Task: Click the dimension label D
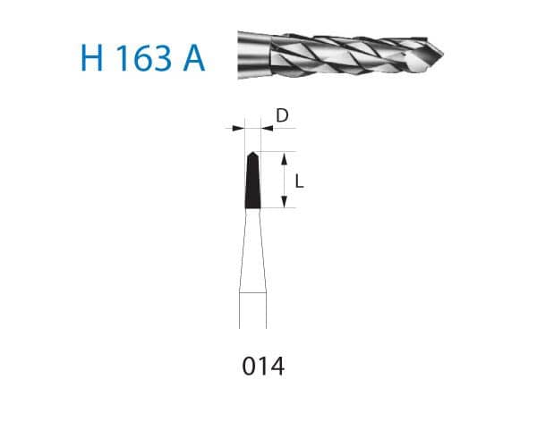pos(282,115)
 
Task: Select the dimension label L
pos(299,181)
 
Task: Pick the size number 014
pos(263,366)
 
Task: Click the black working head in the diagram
pos(253,183)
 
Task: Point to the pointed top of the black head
pos(253,154)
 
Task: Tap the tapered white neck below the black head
pos(253,250)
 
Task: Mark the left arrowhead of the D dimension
pos(239,129)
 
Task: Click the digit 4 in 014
pos(277,366)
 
